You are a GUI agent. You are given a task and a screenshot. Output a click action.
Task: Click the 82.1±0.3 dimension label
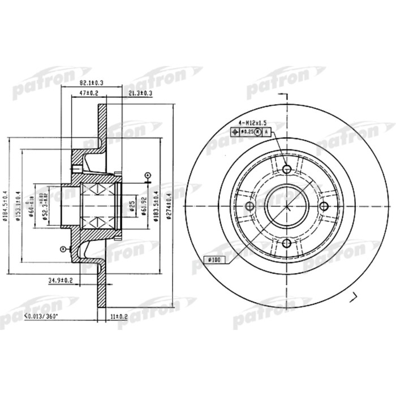point(81,84)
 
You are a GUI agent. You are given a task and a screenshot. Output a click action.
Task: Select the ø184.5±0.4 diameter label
point(5,206)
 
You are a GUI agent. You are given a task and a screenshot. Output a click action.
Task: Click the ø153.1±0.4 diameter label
point(18,206)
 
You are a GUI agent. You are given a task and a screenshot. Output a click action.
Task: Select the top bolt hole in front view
point(287,170)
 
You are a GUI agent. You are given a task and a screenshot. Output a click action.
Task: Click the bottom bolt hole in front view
point(287,243)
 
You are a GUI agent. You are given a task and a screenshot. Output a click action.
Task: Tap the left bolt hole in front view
point(250,206)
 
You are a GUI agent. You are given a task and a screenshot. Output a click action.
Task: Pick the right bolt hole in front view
point(324,206)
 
